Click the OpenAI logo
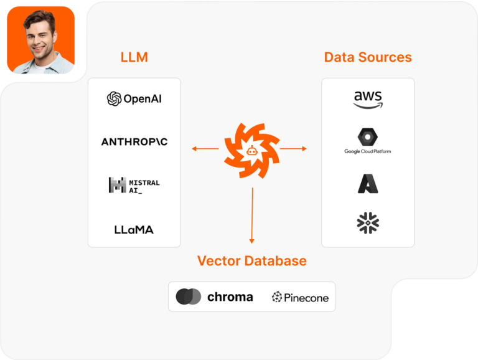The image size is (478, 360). pos(134,98)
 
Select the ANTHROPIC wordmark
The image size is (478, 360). pos(134,142)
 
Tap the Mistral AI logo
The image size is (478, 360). pos(134,185)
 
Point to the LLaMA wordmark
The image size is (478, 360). pos(134,229)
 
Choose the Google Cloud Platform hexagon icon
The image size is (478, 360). pos(368,136)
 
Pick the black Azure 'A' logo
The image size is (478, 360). pos(368,183)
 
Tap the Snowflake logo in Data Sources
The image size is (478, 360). pos(368,223)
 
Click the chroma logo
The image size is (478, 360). pos(215,296)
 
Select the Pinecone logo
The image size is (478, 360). pos(300,297)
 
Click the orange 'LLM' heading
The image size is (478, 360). pos(134,58)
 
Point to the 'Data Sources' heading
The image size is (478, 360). pos(368,57)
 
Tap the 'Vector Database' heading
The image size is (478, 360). pos(252,260)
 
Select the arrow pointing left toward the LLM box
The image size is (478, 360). pos(205,149)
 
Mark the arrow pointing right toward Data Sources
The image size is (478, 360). pos(293,149)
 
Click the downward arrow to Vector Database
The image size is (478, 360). pos(252,216)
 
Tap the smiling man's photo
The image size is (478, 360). pos(40,40)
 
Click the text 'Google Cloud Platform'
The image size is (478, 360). pos(368,151)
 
